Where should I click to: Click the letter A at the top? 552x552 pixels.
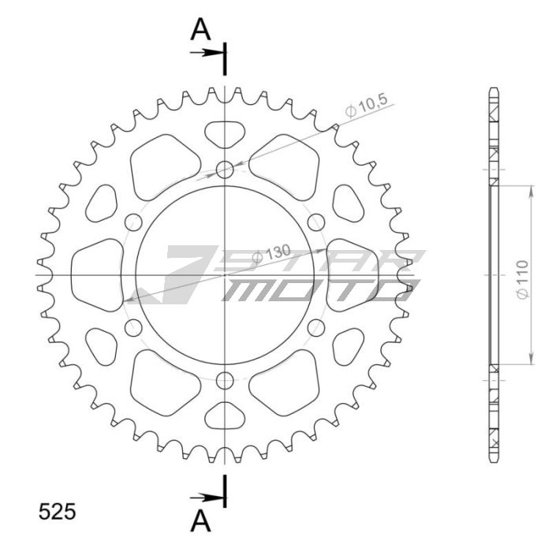click(x=202, y=29)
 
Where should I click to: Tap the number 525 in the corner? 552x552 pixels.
click(x=58, y=512)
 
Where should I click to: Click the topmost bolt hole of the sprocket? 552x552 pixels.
click(x=226, y=169)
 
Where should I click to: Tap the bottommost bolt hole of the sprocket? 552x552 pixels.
click(x=226, y=381)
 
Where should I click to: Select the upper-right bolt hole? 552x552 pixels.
click(x=317, y=222)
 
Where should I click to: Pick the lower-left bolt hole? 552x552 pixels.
click(x=133, y=328)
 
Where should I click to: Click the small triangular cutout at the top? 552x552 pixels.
click(x=226, y=132)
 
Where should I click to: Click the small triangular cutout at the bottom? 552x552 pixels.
click(x=226, y=416)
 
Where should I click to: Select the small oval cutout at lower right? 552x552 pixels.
click(x=346, y=346)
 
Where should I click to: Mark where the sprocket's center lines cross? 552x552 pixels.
click(x=226, y=275)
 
